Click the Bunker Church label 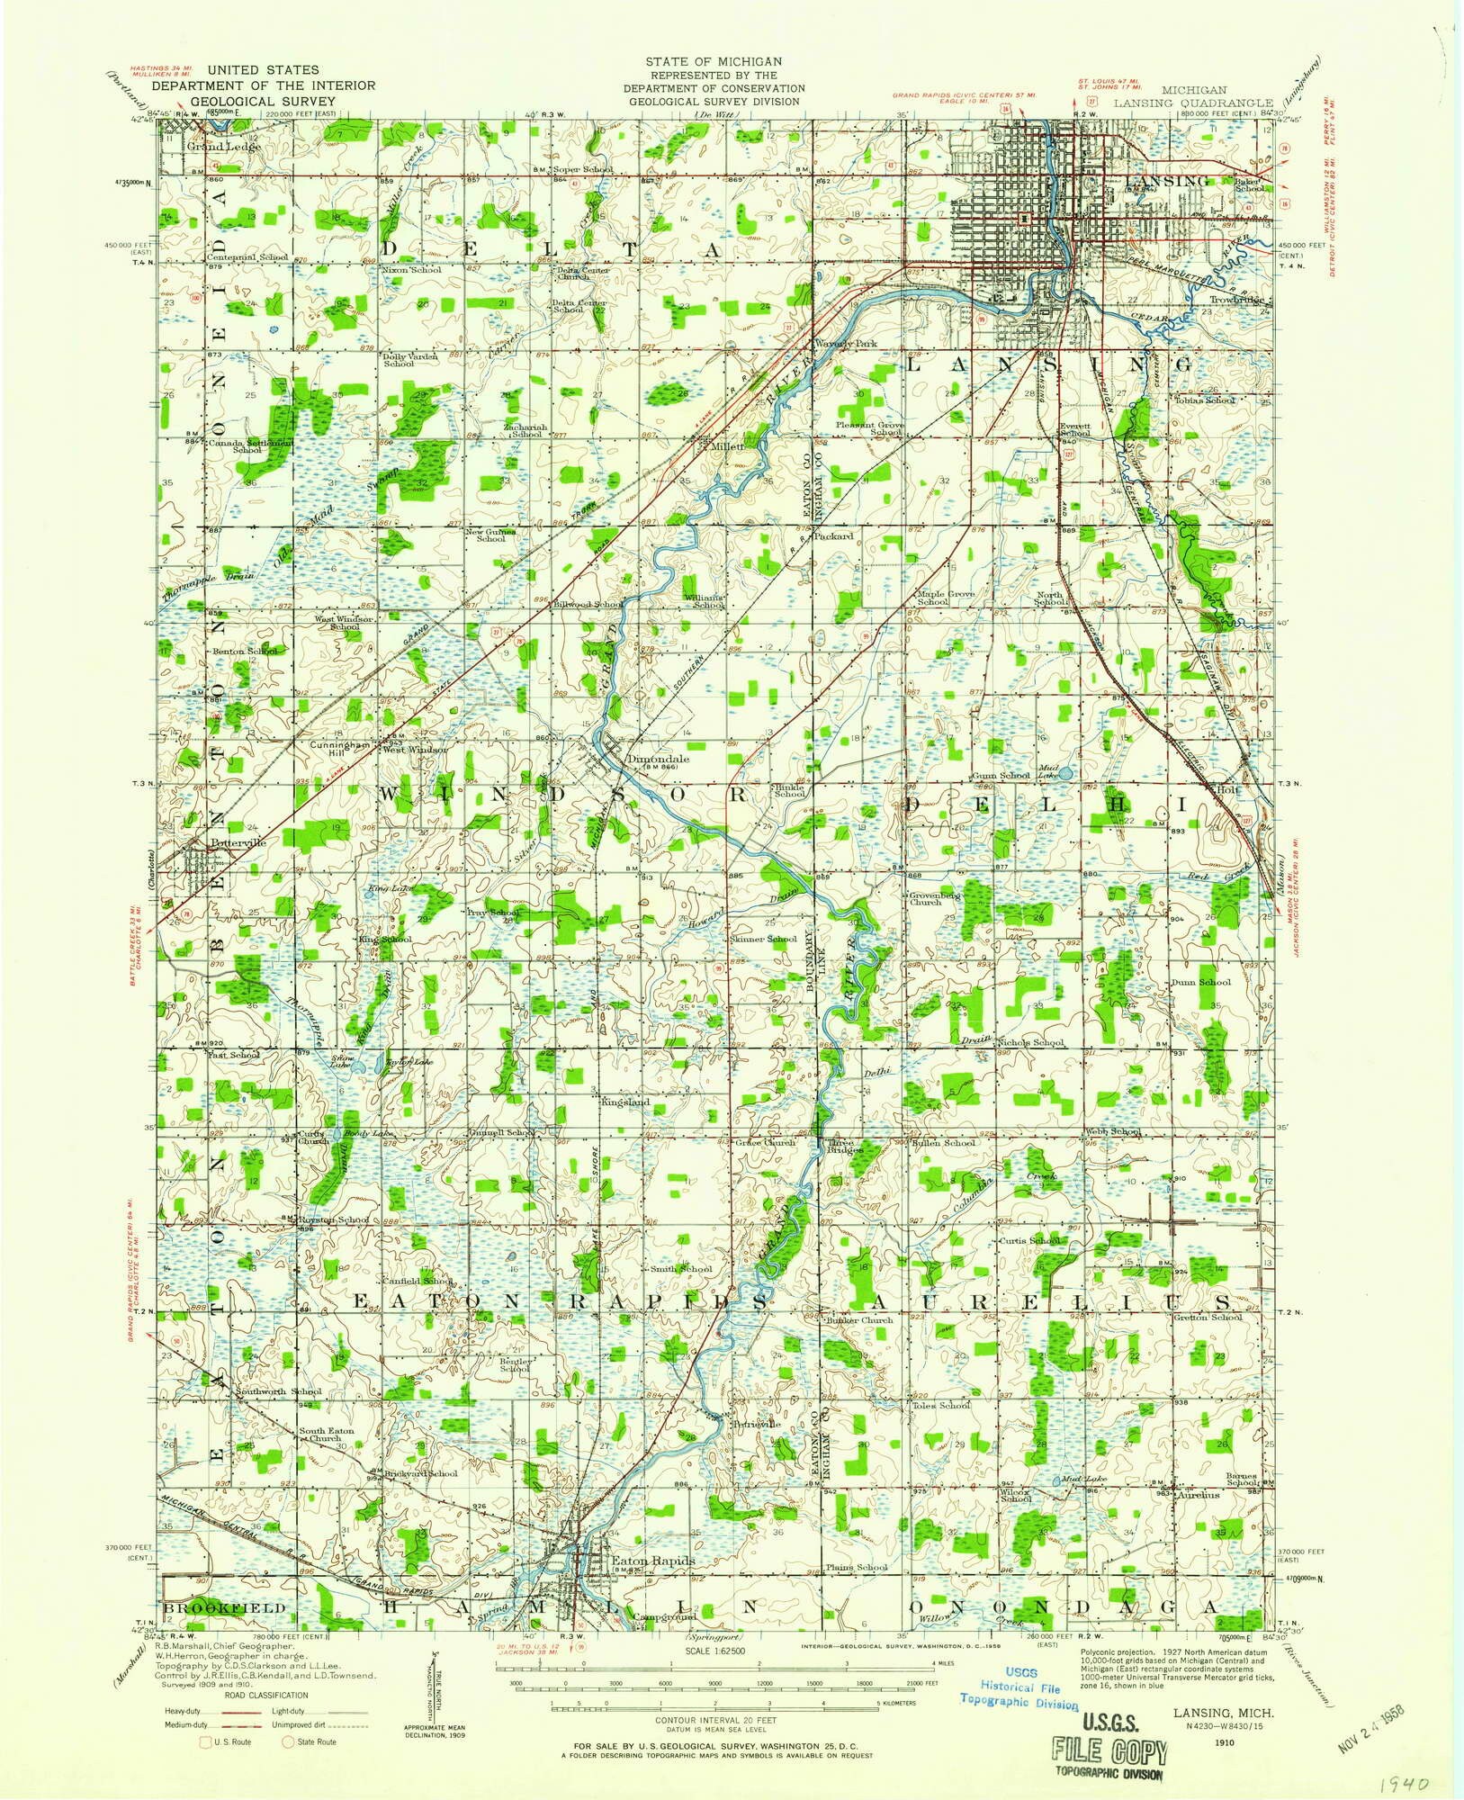(x=858, y=1320)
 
